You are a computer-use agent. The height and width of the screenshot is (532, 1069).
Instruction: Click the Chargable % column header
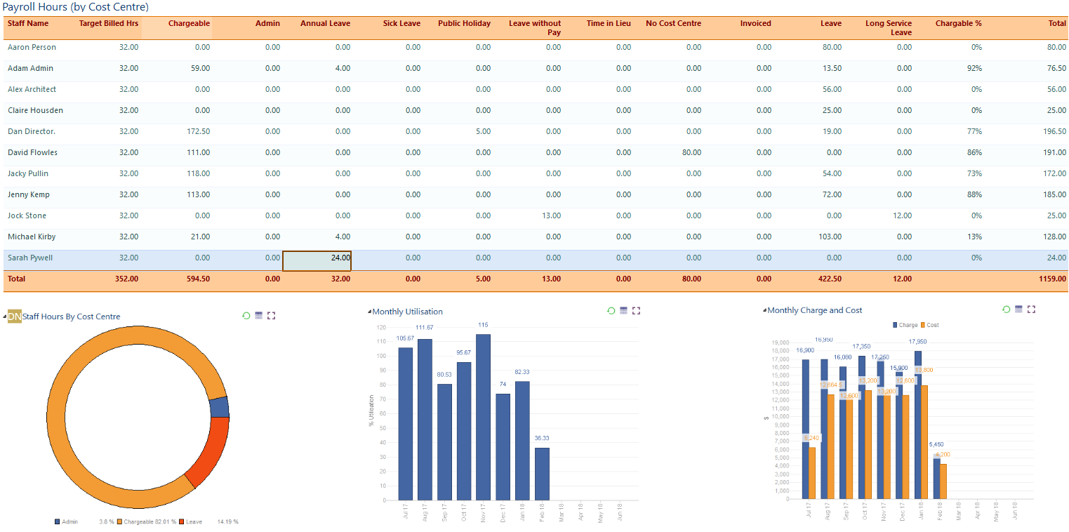coord(958,24)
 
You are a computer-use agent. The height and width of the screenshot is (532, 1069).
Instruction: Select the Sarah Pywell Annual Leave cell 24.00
coord(317,258)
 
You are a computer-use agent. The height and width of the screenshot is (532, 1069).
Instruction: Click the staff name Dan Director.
coord(32,132)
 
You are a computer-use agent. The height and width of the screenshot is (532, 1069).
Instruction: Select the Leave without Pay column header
coord(535,28)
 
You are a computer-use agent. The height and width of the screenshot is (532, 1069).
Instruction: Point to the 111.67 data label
coord(424,328)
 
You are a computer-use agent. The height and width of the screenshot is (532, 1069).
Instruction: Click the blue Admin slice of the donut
coord(219,407)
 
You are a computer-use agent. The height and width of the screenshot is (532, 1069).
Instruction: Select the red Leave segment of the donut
coord(208,451)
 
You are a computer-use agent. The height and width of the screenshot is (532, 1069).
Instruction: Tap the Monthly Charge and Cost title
coord(814,310)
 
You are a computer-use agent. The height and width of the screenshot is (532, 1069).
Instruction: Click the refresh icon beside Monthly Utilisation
coord(611,311)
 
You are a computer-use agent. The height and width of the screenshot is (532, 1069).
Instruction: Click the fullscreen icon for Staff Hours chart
coord(272,316)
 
